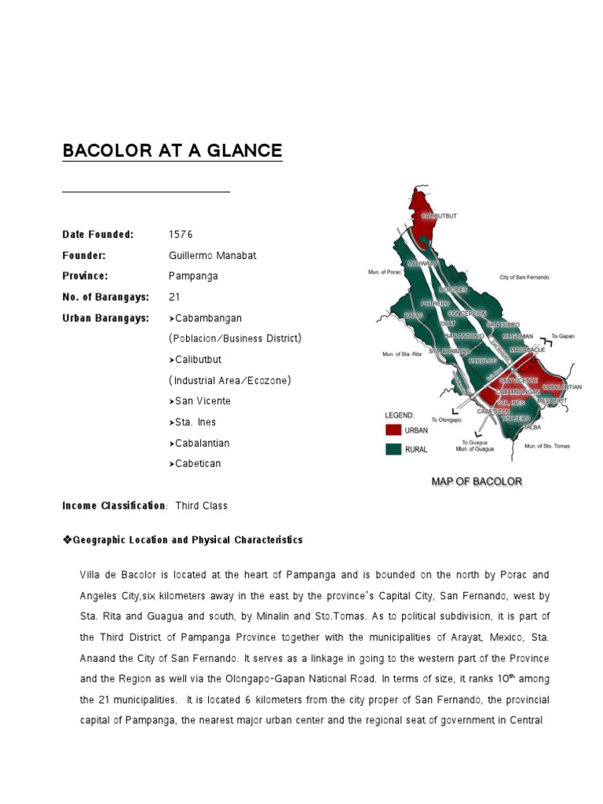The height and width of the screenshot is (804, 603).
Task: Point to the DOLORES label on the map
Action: coord(453,289)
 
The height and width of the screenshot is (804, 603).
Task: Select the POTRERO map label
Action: coord(435,303)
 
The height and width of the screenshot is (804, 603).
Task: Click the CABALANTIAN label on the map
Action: coord(562,386)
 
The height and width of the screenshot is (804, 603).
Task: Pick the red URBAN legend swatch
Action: coord(393,429)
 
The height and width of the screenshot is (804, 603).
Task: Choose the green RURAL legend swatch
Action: coord(393,449)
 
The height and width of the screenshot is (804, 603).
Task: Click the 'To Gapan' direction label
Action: coord(563,335)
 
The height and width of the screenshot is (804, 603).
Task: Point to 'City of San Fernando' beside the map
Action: coord(524,277)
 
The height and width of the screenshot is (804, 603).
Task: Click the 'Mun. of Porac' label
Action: coord(385,273)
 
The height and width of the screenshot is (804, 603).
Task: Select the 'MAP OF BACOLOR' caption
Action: coord(477,481)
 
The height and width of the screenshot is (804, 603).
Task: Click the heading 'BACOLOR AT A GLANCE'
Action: coord(172,150)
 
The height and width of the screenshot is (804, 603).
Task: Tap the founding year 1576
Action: coord(181,235)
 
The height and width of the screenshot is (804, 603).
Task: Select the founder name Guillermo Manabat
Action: coord(212,256)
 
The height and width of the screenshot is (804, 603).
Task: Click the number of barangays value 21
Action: coord(174,297)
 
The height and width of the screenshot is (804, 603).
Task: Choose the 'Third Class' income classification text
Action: coord(201,506)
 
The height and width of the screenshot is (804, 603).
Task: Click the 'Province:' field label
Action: coord(85,276)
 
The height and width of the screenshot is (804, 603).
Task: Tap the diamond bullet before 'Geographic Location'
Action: coord(67,540)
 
